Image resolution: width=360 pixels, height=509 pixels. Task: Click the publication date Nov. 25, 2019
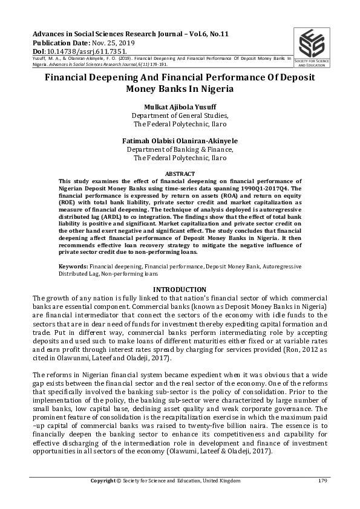(111, 42)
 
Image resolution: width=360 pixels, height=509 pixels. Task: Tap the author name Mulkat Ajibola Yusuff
(180, 106)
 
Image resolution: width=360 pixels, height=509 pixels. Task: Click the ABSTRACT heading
(180, 173)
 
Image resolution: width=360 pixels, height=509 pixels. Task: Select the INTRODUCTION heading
(180, 290)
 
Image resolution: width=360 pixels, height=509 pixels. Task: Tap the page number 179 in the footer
(322, 481)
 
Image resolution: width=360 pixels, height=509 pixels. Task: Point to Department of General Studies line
(180, 115)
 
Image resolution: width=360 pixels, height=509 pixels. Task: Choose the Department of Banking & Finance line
(180, 149)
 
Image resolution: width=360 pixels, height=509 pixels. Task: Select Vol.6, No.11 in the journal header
(222, 34)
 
